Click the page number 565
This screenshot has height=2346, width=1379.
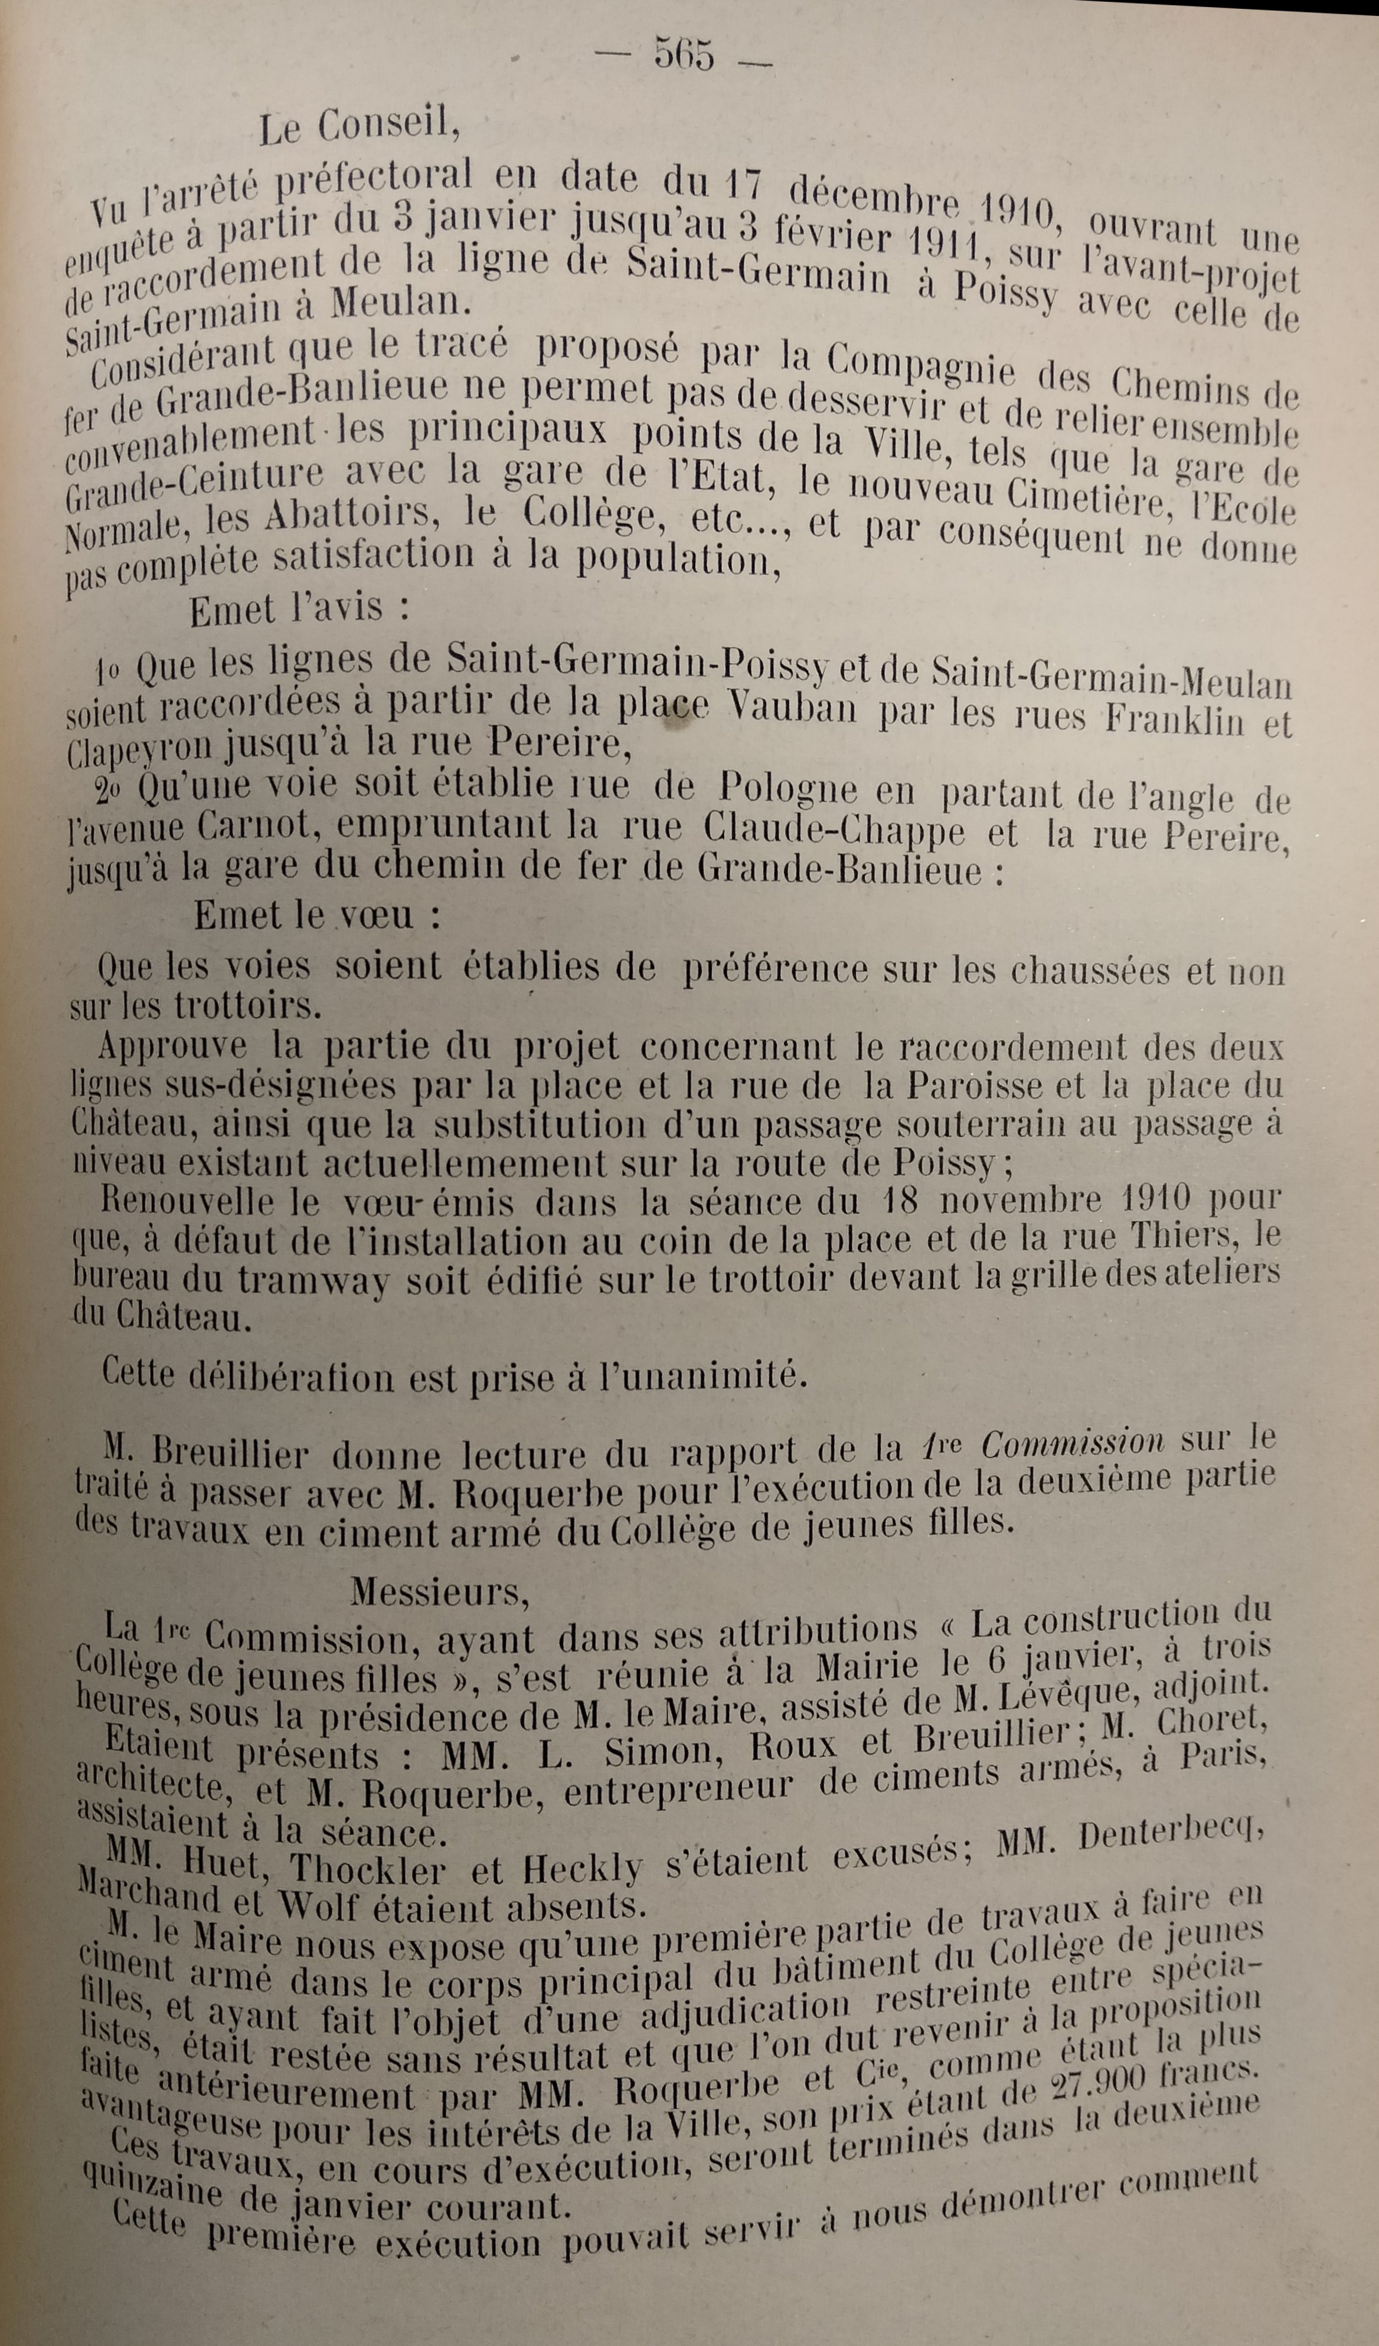pyautogui.click(x=684, y=54)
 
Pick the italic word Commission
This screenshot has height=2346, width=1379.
pyautogui.click(x=1071, y=1443)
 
